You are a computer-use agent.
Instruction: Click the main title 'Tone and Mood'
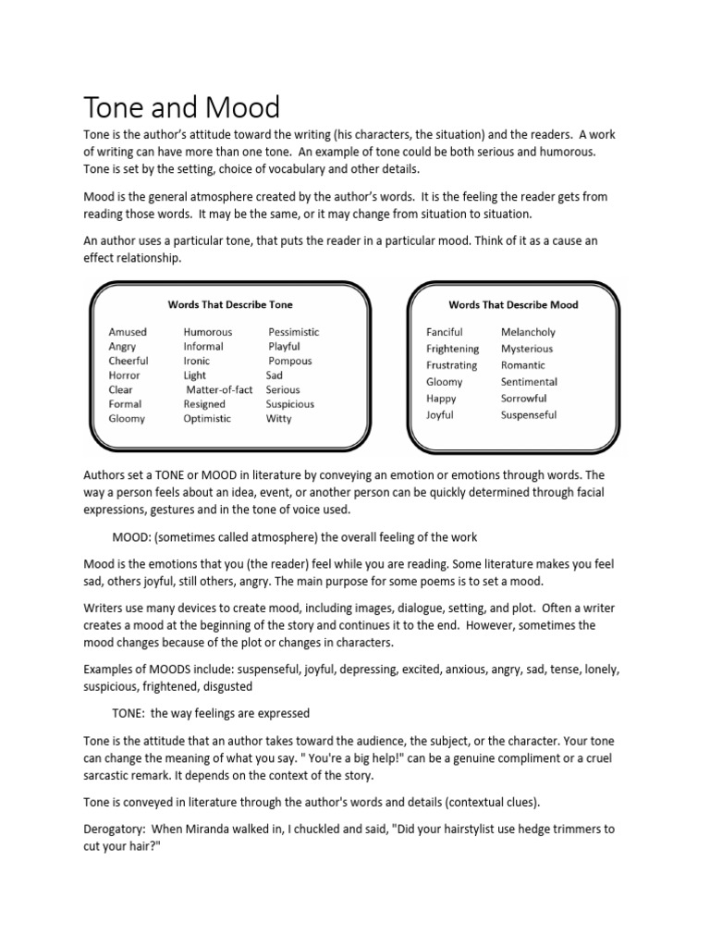coord(181,107)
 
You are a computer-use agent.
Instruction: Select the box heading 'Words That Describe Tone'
coord(230,303)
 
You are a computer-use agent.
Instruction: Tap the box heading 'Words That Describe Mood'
coord(513,303)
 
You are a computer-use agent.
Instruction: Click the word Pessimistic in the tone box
coord(294,332)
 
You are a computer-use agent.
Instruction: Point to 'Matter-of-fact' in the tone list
coord(219,390)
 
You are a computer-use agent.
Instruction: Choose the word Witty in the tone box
coord(278,419)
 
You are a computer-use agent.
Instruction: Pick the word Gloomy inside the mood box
coord(444,382)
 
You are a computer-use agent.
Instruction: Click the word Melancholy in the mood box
coord(528,332)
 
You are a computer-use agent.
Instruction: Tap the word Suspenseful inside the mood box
coord(529,415)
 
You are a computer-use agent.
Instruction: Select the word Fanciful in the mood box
coord(445,332)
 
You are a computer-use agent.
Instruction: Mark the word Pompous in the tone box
coord(290,362)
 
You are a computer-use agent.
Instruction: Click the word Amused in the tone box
coord(128,332)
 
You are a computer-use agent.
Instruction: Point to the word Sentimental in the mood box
coord(529,382)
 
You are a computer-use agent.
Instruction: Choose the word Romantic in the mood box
coord(523,365)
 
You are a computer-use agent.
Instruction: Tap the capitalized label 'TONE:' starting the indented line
coord(130,713)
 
